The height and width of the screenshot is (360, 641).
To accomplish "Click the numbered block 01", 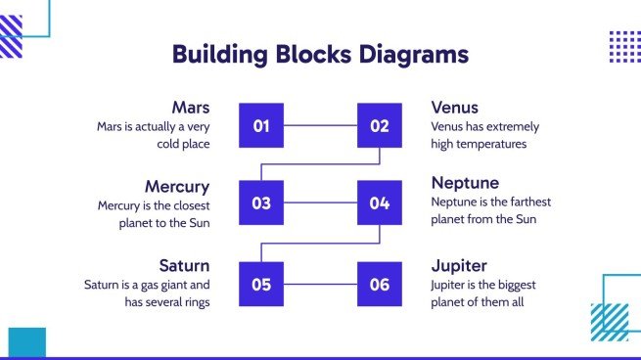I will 261,125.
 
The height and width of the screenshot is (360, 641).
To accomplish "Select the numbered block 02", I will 379,125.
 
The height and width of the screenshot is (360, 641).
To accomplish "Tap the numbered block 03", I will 261,203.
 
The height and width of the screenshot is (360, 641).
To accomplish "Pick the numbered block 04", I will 379,203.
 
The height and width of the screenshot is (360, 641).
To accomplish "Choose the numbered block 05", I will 261,285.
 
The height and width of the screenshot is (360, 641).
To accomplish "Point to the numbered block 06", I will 379,285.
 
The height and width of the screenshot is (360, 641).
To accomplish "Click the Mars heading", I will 190,107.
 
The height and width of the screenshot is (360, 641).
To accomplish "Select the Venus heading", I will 455,107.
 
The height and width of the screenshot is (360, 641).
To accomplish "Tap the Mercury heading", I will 177,186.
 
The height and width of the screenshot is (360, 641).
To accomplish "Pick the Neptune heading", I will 465,183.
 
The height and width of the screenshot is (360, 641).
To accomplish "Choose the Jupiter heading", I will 459,266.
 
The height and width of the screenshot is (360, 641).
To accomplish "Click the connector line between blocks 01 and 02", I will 320,125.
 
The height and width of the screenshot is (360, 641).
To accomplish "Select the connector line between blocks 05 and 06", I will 320,285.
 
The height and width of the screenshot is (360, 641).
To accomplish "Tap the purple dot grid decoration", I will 624,46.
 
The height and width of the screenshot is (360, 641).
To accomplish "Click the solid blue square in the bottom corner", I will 26,342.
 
